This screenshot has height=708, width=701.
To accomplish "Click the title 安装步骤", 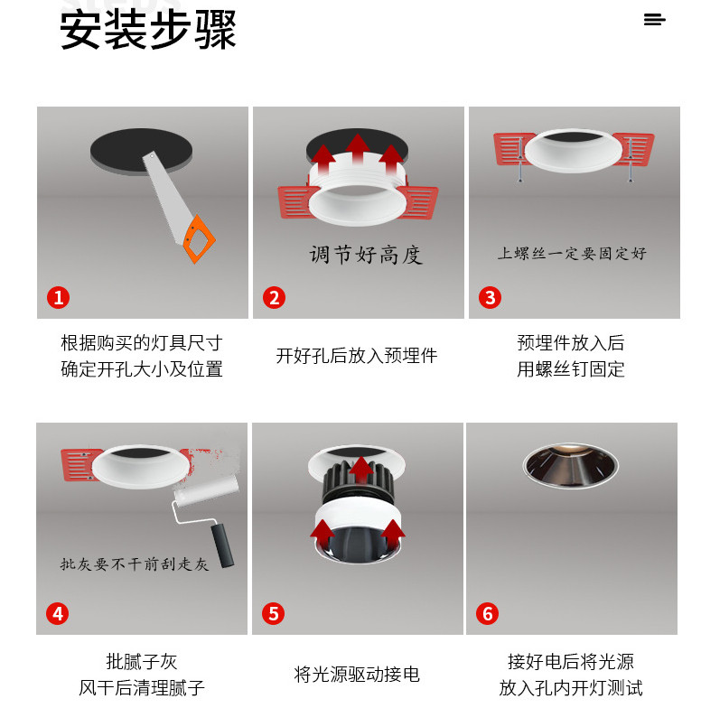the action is [x=148, y=31].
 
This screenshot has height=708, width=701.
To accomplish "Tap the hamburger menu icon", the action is [x=654, y=20].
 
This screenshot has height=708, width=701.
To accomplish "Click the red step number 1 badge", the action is [x=58, y=298].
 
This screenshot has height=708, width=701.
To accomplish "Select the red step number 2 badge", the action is [x=275, y=298].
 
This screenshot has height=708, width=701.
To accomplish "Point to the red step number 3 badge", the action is [x=490, y=298].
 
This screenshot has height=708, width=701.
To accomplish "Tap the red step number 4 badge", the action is [x=58, y=614].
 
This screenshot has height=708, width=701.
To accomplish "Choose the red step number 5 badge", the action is [x=273, y=614].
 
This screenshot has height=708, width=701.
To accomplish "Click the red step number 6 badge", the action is [x=488, y=614].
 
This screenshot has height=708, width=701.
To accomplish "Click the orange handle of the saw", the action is [x=199, y=238].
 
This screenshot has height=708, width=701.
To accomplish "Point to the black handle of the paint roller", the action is [x=222, y=545].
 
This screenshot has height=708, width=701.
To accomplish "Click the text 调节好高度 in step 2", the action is [x=366, y=255].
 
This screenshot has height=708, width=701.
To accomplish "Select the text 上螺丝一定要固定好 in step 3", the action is [x=572, y=253].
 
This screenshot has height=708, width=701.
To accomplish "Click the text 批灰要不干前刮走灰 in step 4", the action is [x=135, y=564].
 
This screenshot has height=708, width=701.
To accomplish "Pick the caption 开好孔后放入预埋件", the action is [x=357, y=356].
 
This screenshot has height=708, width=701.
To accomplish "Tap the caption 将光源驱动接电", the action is [x=357, y=674].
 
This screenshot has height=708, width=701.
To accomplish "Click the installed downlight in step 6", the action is [x=571, y=465].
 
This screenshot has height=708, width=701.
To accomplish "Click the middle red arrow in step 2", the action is [x=358, y=148].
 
